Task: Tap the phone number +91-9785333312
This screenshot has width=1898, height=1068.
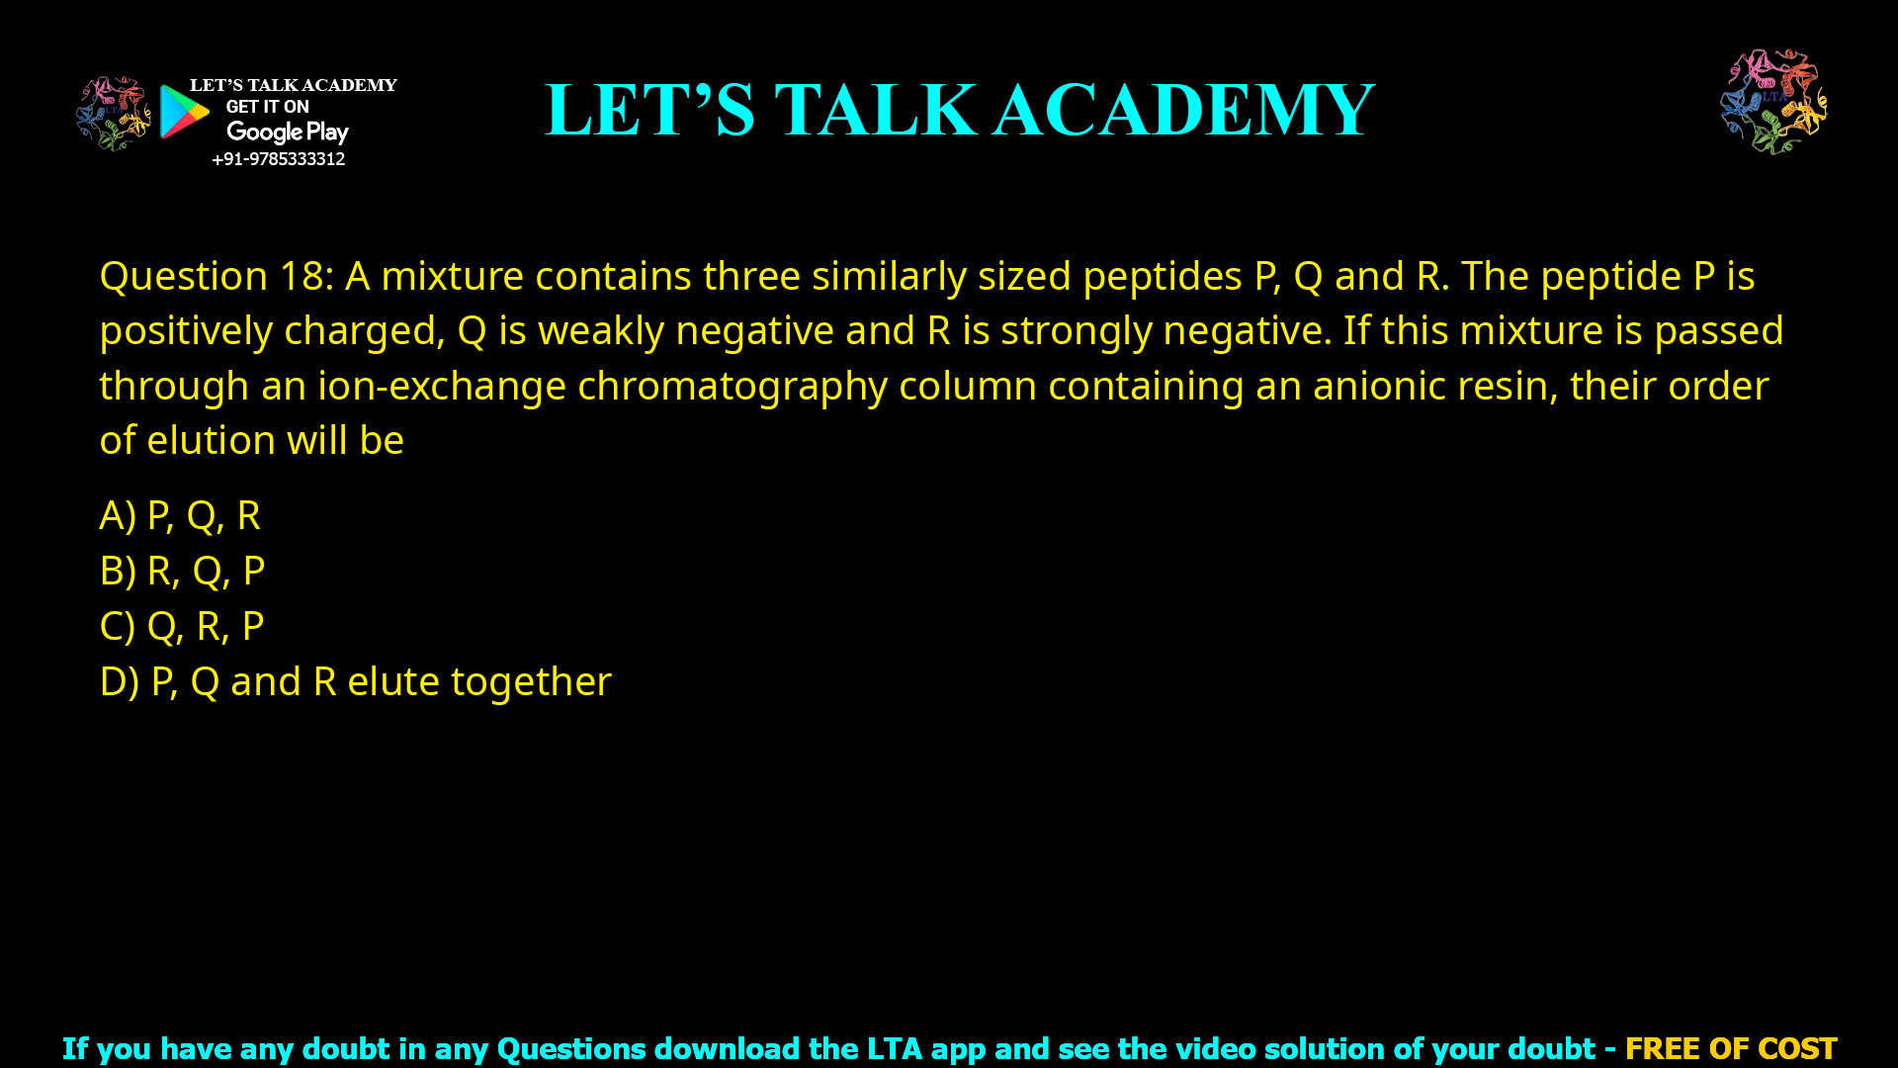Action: pyautogui.click(x=278, y=159)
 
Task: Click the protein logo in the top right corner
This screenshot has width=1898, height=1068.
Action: pyautogui.click(x=1773, y=101)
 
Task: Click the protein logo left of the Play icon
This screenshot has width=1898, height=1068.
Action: pyautogui.click(x=113, y=113)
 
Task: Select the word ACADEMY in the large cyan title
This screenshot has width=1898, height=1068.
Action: pyautogui.click(x=1183, y=110)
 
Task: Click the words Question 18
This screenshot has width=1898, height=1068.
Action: pyautogui.click(x=216, y=276)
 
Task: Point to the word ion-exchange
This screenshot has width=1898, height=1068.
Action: pyautogui.click(x=442, y=386)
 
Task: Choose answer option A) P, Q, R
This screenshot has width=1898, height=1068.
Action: pyautogui.click(x=180, y=515)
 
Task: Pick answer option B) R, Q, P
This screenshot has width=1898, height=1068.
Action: pyautogui.click(x=182, y=571)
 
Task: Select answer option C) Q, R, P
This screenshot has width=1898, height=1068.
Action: pyautogui.click(x=182, y=626)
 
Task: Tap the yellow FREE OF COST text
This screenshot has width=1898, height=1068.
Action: pyautogui.click(x=1730, y=1048)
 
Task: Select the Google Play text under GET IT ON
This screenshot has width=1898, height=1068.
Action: pyautogui.click(x=287, y=133)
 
